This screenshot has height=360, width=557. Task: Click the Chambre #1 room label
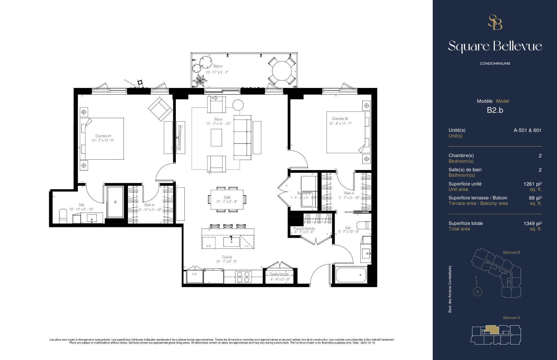click(x=103, y=136)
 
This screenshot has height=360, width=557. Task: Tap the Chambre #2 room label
click(x=340, y=119)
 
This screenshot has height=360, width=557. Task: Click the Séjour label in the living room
click(x=218, y=119)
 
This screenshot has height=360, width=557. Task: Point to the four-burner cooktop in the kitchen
click(x=243, y=277)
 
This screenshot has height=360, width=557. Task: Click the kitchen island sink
click(x=231, y=242)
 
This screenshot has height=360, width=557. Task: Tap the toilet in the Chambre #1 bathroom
click(x=63, y=216)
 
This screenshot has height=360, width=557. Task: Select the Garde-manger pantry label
click(x=279, y=274)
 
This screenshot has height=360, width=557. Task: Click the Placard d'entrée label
click(x=304, y=228)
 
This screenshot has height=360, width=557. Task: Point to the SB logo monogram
click(x=495, y=23)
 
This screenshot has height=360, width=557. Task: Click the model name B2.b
click(x=495, y=110)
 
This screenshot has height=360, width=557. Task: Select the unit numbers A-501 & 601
click(x=527, y=130)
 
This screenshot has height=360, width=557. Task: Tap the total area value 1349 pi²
click(x=533, y=223)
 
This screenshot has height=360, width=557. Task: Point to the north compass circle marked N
click(x=478, y=292)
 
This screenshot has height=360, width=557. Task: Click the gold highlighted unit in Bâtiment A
click(x=491, y=329)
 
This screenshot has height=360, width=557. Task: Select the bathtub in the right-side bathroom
click(x=351, y=275)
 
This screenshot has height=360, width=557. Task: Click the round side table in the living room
click(x=238, y=105)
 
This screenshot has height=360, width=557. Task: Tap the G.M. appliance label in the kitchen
click(x=194, y=274)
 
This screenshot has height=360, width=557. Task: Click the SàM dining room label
click(x=227, y=197)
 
